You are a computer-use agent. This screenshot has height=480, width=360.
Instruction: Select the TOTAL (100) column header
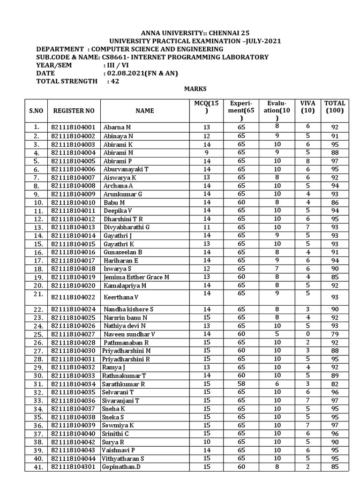pyautogui.click(x=335, y=107)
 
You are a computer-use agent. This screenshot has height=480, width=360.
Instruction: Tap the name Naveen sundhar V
pyautogui.click(x=129, y=334)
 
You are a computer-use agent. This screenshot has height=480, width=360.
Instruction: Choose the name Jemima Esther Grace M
pyautogui.click(x=136, y=277)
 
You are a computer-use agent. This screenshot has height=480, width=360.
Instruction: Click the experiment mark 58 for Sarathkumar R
pyautogui.click(x=241, y=384)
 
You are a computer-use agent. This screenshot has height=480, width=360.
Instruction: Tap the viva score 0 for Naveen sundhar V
pyautogui.click(x=308, y=334)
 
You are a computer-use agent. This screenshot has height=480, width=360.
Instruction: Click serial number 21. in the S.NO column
pyautogui.click(x=38, y=294)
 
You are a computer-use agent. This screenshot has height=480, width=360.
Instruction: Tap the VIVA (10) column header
pyautogui.click(x=308, y=107)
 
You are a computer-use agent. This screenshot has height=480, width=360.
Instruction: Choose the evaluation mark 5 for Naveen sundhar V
pyautogui.click(x=277, y=334)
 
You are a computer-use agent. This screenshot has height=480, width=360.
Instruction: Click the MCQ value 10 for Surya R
pyautogui.click(x=207, y=442)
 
